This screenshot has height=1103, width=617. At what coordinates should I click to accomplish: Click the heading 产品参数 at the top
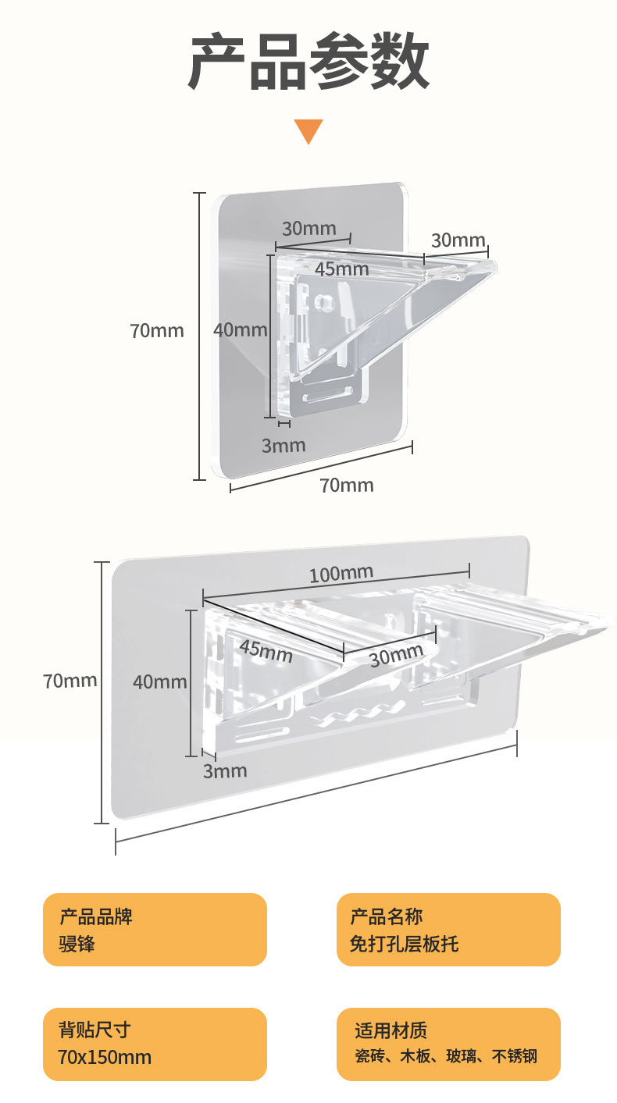click(308, 62)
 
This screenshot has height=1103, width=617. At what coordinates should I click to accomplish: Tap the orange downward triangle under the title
click(308, 131)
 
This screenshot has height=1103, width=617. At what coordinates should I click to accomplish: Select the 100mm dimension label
click(341, 574)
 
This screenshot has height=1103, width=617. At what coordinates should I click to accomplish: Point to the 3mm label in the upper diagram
click(283, 446)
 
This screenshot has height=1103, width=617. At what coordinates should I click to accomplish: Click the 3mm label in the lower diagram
click(225, 771)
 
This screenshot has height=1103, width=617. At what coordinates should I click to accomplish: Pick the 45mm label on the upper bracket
click(341, 269)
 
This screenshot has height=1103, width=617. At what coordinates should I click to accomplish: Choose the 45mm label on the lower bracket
click(266, 649)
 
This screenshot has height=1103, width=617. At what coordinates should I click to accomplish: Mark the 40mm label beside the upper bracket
click(241, 329)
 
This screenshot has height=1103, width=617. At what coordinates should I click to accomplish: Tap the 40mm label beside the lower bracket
click(159, 681)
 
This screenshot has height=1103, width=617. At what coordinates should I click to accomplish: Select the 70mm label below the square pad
click(347, 486)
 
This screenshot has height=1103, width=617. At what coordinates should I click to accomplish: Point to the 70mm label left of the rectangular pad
click(70, 680)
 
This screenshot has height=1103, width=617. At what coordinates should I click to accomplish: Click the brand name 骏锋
click(77, 944)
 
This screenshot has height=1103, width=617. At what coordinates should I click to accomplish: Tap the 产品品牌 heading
click(96, 916)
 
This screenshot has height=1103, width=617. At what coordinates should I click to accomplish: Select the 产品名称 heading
click(387, 916)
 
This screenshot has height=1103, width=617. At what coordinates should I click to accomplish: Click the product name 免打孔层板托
click(404, 944)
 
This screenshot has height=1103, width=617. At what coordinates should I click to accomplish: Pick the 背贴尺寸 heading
click(95, 1030)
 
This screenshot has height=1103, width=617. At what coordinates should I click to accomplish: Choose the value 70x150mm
click(105, 1058)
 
